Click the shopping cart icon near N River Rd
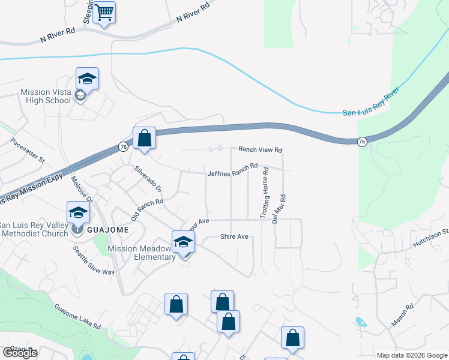pos(104,12)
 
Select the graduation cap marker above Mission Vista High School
pos(87,79)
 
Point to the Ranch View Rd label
pos(260,149)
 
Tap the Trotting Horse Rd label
pos(265,193)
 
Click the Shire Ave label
pos(234,237)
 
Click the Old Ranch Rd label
pos(147,210)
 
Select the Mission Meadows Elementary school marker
pos(184,242)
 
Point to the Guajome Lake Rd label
pos(77,316)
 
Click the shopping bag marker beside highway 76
pos(144,139)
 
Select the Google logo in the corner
pos(20,353)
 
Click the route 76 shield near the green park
pos(361,142)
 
